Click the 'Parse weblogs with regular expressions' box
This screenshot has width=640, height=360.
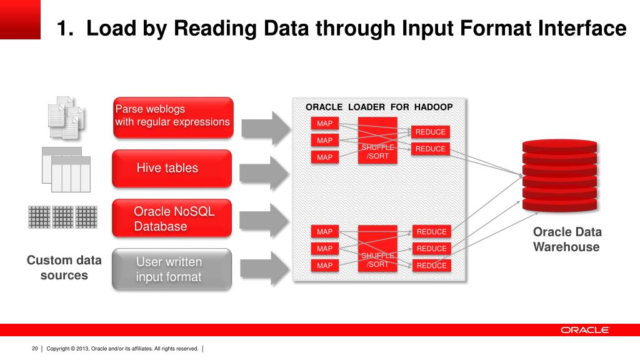(x=172, y=117)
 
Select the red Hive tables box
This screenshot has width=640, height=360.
(x=171, y=168)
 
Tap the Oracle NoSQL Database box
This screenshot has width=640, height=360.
(x=171, y=218)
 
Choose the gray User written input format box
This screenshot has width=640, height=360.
(x=171, y=269)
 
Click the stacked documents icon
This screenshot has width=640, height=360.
(x=66, y=117)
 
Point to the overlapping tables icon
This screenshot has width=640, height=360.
(x=62, y=169)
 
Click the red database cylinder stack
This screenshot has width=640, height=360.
(x=559, y=176)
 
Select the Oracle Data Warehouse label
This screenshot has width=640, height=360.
(x=566, y=239)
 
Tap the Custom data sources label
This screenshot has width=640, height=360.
(x=64, y=267)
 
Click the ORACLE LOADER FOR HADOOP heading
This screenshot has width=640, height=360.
(x=379, y=107)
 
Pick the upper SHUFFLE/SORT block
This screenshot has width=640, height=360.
(x=377, y=141)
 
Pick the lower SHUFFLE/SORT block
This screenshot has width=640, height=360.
(x=377, y=248)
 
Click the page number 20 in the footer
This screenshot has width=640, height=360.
(x=35, y=349)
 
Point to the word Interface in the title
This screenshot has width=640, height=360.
(x=582, y=28)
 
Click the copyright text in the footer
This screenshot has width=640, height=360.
(x=122, y=349)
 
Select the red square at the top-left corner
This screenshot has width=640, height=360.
(x=20, y=19)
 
